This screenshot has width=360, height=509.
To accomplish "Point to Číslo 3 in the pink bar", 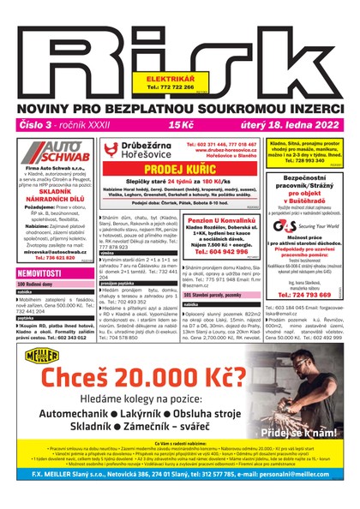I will (35, 125).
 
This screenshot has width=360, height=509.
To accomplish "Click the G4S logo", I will (285, 226).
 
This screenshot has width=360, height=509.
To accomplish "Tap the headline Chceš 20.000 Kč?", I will (166, 376).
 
